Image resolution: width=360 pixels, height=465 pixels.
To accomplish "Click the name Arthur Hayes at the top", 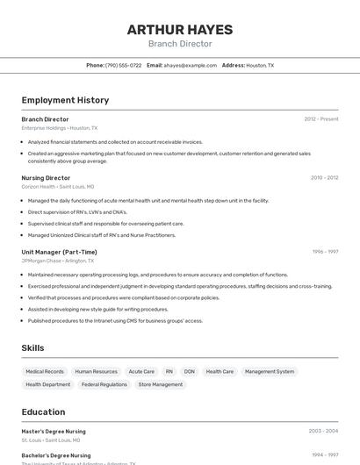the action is coord(179,29).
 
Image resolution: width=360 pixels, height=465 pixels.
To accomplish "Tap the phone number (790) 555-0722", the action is coord(123,65).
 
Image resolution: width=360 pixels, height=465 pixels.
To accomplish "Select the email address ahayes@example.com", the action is coord(190,65).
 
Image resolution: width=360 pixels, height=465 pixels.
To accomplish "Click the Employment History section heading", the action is coord(65,100).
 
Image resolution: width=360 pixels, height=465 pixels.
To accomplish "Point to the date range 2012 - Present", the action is coord(320,118).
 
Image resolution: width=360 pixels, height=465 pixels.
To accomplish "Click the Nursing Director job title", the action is coord(46,177).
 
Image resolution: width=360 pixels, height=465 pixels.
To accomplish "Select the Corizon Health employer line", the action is coord(57,186).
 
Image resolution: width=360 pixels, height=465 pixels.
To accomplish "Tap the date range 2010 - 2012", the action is coord(324,177).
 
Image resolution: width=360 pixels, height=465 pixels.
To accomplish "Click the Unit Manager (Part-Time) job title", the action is coord(59,252).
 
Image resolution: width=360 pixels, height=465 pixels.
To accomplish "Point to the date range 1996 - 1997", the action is coord(325,252).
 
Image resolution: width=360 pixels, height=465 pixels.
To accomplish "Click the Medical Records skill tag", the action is coord(45,371).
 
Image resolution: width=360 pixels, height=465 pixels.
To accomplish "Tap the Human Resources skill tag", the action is coord(96,371).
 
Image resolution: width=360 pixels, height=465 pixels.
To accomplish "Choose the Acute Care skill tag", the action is coord(141,371).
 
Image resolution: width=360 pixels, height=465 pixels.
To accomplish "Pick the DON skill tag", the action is coord(189,371).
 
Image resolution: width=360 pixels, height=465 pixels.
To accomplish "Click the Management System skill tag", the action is coord(270,371).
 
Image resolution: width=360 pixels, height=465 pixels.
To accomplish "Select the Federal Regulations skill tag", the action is coord(104,384).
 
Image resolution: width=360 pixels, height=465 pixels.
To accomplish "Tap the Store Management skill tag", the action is coord(161,384).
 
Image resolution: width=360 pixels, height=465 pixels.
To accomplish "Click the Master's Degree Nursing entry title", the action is coord(54,431).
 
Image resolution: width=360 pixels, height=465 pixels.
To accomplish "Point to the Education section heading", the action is coord(43,411).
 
